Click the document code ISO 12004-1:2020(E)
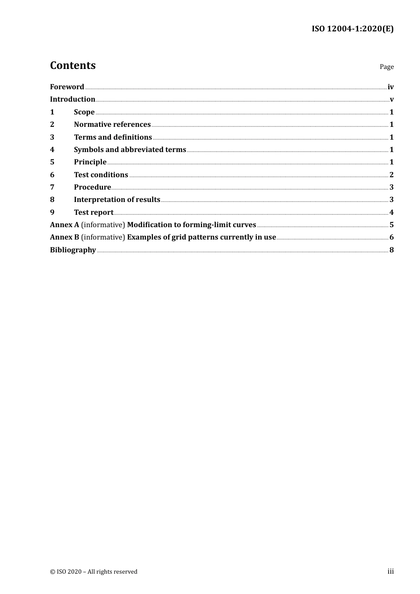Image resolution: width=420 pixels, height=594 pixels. tap(352, 29)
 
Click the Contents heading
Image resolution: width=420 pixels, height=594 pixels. tap(73, 65)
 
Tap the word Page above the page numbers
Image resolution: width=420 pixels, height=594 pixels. tap(386, 67)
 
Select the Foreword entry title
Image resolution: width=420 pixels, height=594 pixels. tap(67, 87)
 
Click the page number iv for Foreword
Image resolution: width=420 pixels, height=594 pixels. tap(390, 87)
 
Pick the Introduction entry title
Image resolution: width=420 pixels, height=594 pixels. tap(73, 99)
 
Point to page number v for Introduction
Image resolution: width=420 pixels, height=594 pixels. tap(392, 99)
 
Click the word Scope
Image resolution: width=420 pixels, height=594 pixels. tap(84, 112)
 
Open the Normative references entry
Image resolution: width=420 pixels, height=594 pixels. tap(112, 124)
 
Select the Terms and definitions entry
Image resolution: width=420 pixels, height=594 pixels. tap(113, 137)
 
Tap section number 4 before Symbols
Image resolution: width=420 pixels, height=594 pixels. tap(52, 149)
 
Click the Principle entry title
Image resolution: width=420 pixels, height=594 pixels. tap(90, 162)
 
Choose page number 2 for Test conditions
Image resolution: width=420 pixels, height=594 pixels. tap(391, 175)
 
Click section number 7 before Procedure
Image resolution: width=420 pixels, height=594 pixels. tap(52, 187)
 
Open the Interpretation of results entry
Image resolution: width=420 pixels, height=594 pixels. tap(117, 199)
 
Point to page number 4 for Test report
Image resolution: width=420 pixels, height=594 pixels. tap(391, 212)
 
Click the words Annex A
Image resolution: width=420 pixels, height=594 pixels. tap(65, 225)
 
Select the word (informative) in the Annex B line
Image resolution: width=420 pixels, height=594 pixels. tap(103, 237)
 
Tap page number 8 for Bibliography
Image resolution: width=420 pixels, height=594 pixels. tap(391, 250)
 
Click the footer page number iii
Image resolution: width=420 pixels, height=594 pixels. tap(390, 571)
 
